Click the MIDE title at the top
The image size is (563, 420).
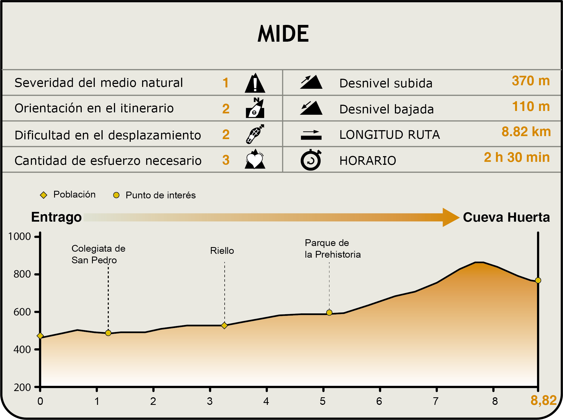[283, 34]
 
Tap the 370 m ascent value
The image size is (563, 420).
[531, 81]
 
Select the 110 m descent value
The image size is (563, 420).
[531, 107]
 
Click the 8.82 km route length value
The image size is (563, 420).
[526, 132]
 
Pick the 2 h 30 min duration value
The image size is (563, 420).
[517, 157]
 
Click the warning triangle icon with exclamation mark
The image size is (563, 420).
[255, 83]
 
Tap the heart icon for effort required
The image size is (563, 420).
[255, 160]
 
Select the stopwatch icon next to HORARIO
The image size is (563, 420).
[311, 160]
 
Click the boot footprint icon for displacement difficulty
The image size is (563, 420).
[255, 134]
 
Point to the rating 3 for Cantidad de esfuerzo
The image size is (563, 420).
[226, 160]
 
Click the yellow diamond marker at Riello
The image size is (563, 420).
[224, 326]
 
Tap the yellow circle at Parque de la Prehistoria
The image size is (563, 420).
[329, 313]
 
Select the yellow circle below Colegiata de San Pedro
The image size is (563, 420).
[108, 333]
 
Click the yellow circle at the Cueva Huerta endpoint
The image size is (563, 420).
[538, 280]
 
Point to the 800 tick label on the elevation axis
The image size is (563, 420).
[22, 274]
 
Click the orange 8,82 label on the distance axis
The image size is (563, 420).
[544, 401]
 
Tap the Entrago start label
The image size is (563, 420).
[56, 217]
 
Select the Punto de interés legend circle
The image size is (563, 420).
[116, 195]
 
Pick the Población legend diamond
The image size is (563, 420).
[44, 195]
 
